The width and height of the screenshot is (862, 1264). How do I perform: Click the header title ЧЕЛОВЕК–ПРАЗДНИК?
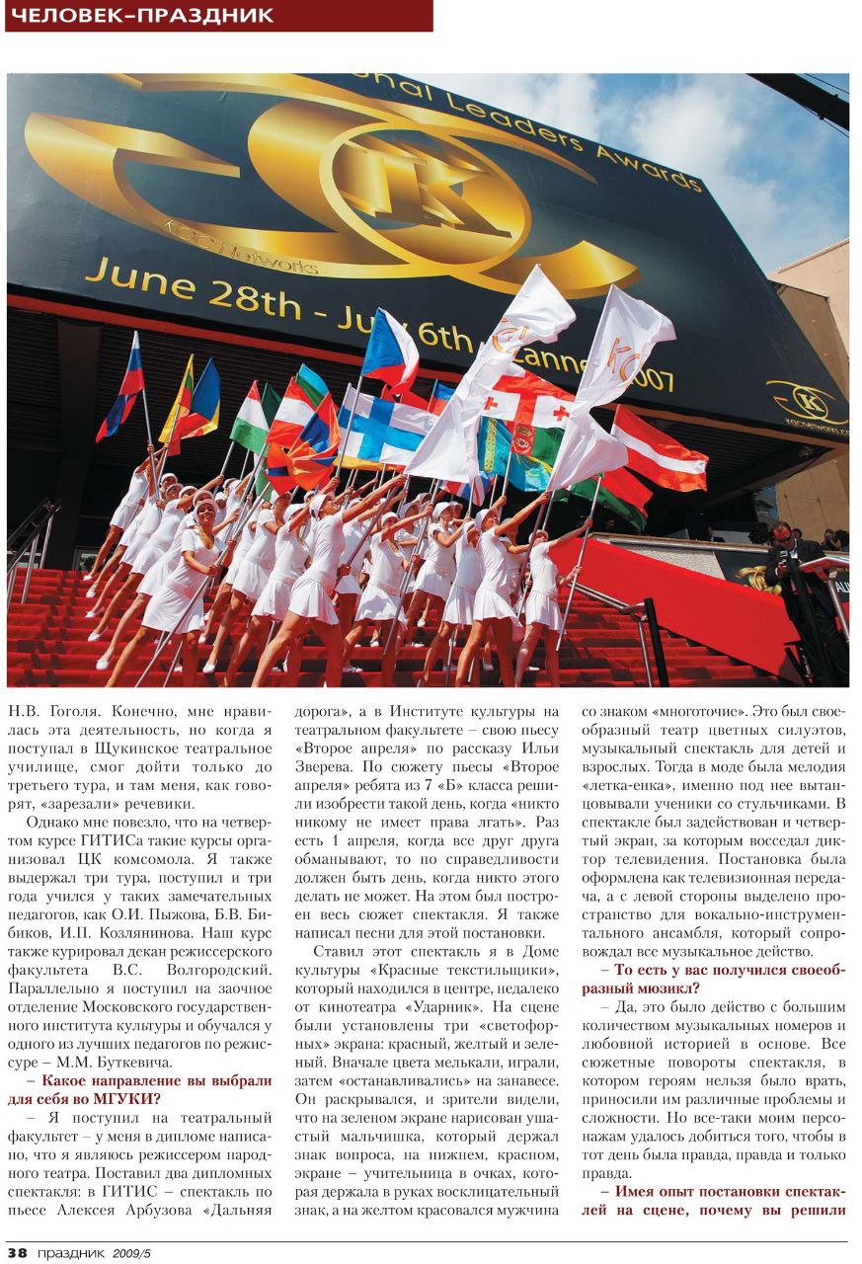click(139, 16)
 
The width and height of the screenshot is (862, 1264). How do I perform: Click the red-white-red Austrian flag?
click(660, 449)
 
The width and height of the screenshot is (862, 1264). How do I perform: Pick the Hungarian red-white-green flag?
click(250, 417)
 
